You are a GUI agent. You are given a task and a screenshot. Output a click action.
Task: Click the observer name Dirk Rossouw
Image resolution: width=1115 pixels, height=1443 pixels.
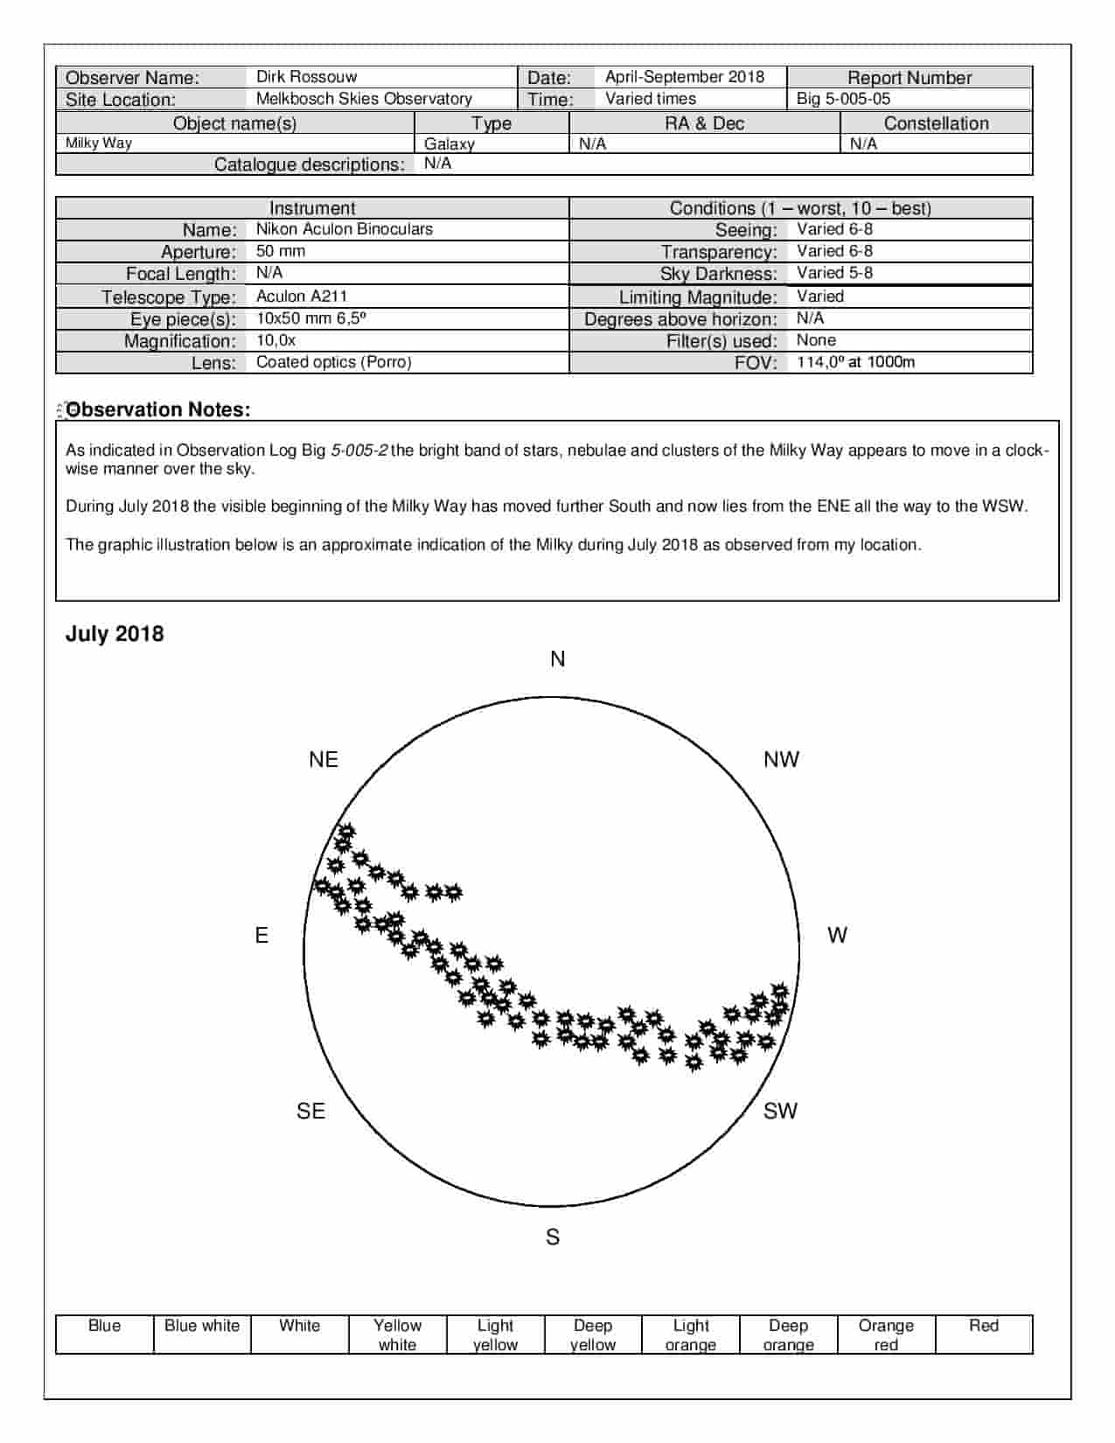pyautogui.click(x=306, y=77)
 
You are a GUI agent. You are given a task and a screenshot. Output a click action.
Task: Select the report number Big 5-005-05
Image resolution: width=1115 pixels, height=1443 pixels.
pyautogui.click(x=843, y=99)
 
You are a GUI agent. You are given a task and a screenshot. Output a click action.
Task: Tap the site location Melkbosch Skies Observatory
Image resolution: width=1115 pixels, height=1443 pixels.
pyautogui.click(x=364, y=99)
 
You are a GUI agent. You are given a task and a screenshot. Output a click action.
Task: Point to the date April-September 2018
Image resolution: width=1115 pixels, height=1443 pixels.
pyautogui.click(x=684, y=77)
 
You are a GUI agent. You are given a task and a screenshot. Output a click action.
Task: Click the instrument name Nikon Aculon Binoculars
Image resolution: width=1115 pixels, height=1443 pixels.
pyautogui.click(x=344, y=229)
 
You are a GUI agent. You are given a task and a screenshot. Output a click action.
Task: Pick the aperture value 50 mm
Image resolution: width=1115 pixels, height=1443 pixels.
pyautogui.click(x=281, y=251)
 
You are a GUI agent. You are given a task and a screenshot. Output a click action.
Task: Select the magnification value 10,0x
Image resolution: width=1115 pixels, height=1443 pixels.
pyautogui.click(x=275, y=340)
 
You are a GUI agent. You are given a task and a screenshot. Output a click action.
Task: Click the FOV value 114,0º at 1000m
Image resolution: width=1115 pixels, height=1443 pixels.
pyautogui.click(x=855, y=362)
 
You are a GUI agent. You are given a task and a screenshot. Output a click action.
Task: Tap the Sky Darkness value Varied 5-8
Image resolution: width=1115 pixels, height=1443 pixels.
pyautogui.click(x=834, y=273)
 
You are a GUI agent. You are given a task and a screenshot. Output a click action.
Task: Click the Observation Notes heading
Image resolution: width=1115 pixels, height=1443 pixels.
pyautogui.click(x=158, y=409)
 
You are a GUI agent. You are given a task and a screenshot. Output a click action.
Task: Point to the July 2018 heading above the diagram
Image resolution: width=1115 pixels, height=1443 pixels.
pyautogui.click(x=115, y=634)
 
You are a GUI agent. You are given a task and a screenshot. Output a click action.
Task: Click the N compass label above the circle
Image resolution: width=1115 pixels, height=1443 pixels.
pyautogui.click(x=558, y=659)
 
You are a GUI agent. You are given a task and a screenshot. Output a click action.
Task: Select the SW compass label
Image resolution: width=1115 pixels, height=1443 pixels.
pyautogui.click(x=780, y=1111)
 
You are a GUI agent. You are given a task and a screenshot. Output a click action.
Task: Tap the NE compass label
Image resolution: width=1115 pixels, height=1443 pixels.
pyautogui.click(x=324, y=759)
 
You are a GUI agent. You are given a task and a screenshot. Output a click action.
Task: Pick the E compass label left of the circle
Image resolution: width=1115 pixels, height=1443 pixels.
pyautogui.click(x=261, y=936)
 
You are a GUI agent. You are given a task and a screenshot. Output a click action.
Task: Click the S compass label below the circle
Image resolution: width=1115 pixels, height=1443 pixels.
pyautogui.click(x=553, y=1237)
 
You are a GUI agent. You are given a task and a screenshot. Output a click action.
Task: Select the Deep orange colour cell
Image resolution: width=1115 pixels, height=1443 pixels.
pyautogui.click(x=788, y=1335)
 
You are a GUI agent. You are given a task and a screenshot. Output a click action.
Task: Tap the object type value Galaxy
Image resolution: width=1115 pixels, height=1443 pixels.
pyautogui.click(x=449, y=144)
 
